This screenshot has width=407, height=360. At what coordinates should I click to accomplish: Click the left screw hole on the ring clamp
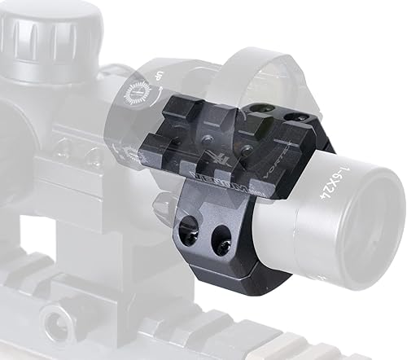[190, 231]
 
